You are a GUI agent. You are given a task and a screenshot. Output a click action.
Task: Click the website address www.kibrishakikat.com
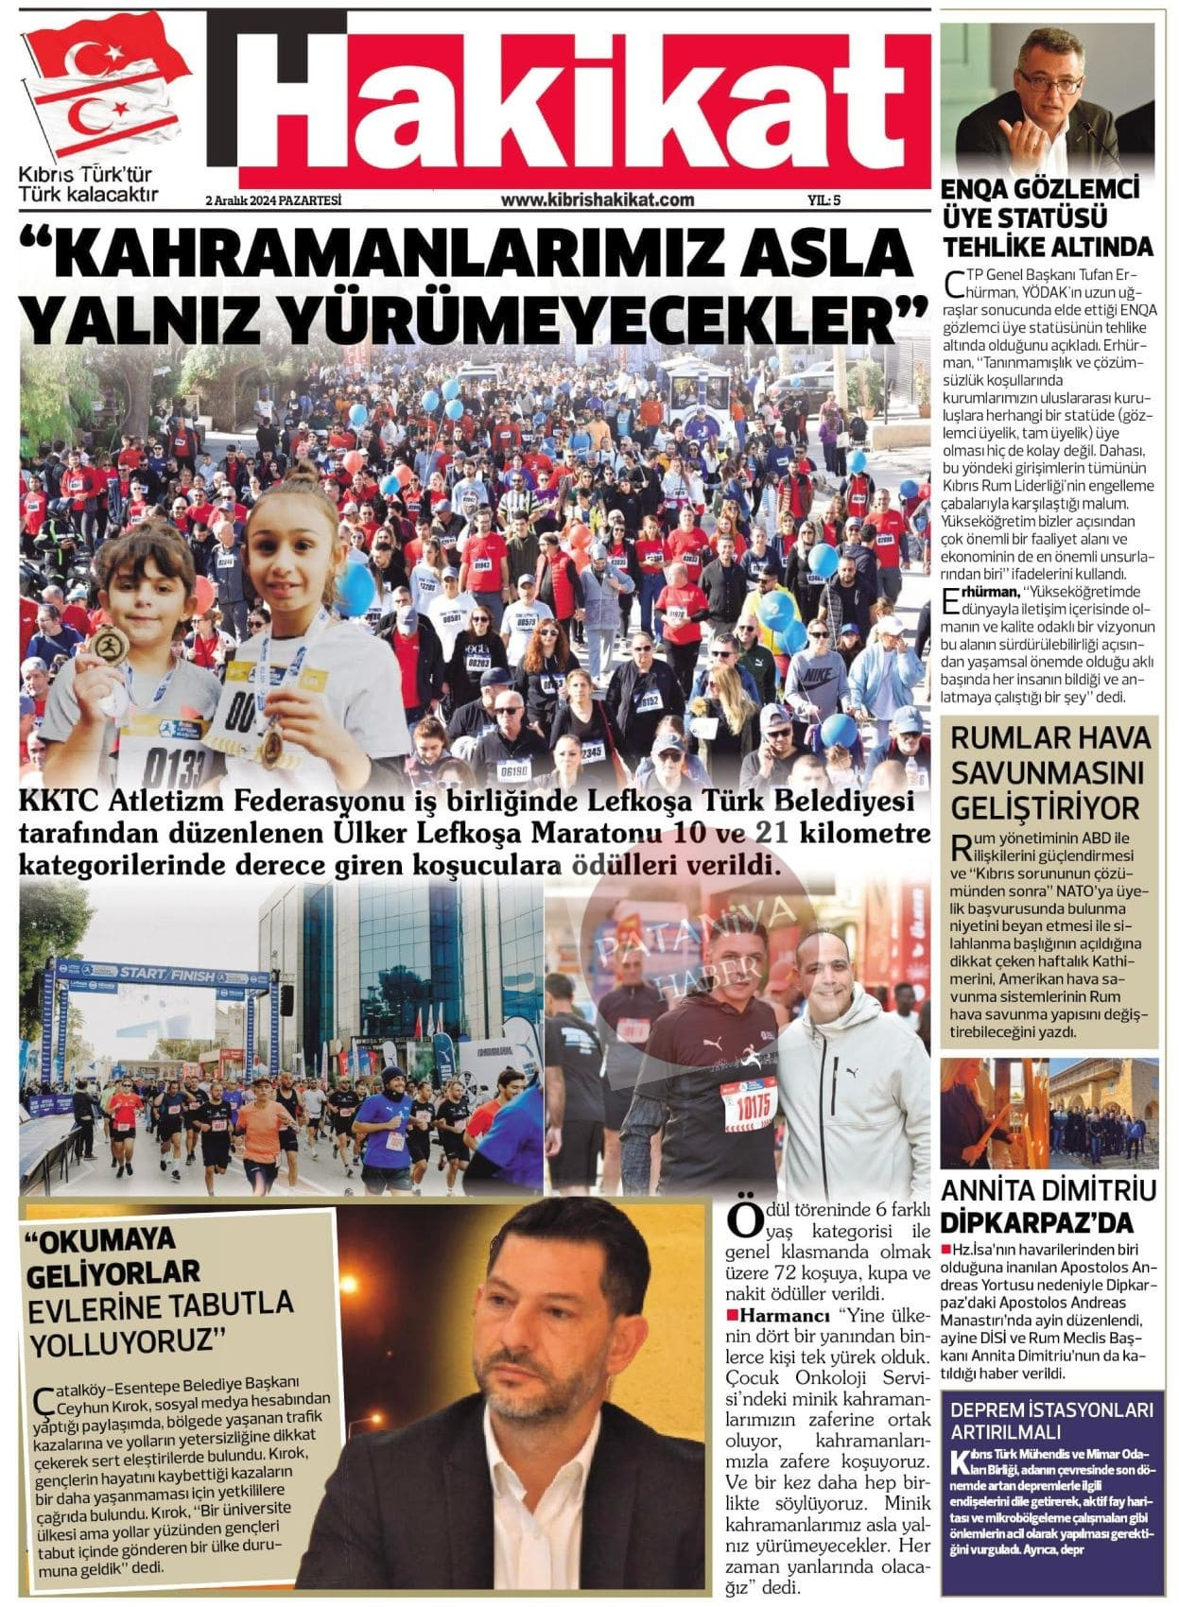(597, 199)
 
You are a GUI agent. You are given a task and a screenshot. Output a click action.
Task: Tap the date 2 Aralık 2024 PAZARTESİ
(272, 200)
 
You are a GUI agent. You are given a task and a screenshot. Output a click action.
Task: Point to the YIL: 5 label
(824, 200)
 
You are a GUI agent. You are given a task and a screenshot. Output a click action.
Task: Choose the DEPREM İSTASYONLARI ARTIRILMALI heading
(1048, 1420)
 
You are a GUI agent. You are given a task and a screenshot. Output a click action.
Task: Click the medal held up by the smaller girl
(112, 646)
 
